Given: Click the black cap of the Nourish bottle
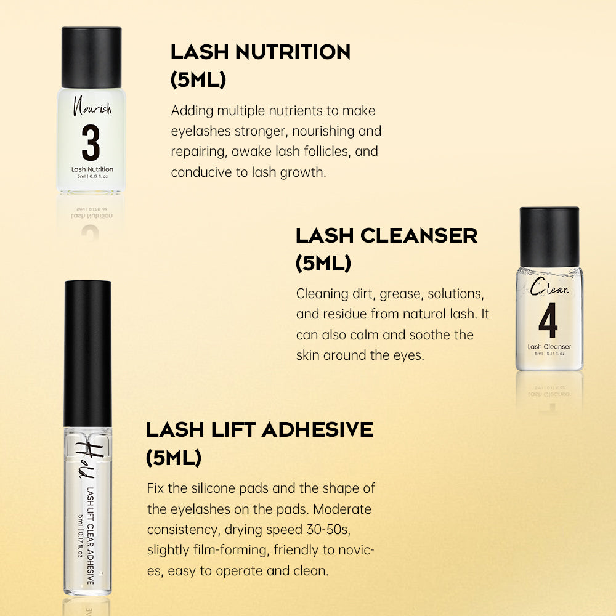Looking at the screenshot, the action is point(92,57).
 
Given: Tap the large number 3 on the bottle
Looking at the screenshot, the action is point(91,143).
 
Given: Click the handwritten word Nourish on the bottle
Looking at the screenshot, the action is point(92,106).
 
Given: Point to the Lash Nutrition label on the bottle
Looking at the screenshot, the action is point(92,169).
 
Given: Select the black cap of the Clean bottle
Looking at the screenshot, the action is point(549,237).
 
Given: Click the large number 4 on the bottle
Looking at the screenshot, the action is point(548,320).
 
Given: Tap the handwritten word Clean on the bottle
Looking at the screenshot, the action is point(549,287).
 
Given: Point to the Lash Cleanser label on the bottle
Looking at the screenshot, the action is point(549,346).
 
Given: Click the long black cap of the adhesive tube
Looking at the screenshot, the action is point(87,354).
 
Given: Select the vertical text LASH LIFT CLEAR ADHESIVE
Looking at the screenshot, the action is point(91,536).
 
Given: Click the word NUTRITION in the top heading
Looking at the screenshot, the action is point(293,52).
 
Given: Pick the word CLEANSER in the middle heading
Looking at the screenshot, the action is point(419,236).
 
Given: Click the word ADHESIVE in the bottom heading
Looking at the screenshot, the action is point(317,429).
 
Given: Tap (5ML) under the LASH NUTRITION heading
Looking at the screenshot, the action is point(198,79).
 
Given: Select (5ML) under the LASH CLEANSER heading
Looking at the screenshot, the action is point(323,263).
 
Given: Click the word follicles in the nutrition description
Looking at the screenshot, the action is point(312,152).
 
